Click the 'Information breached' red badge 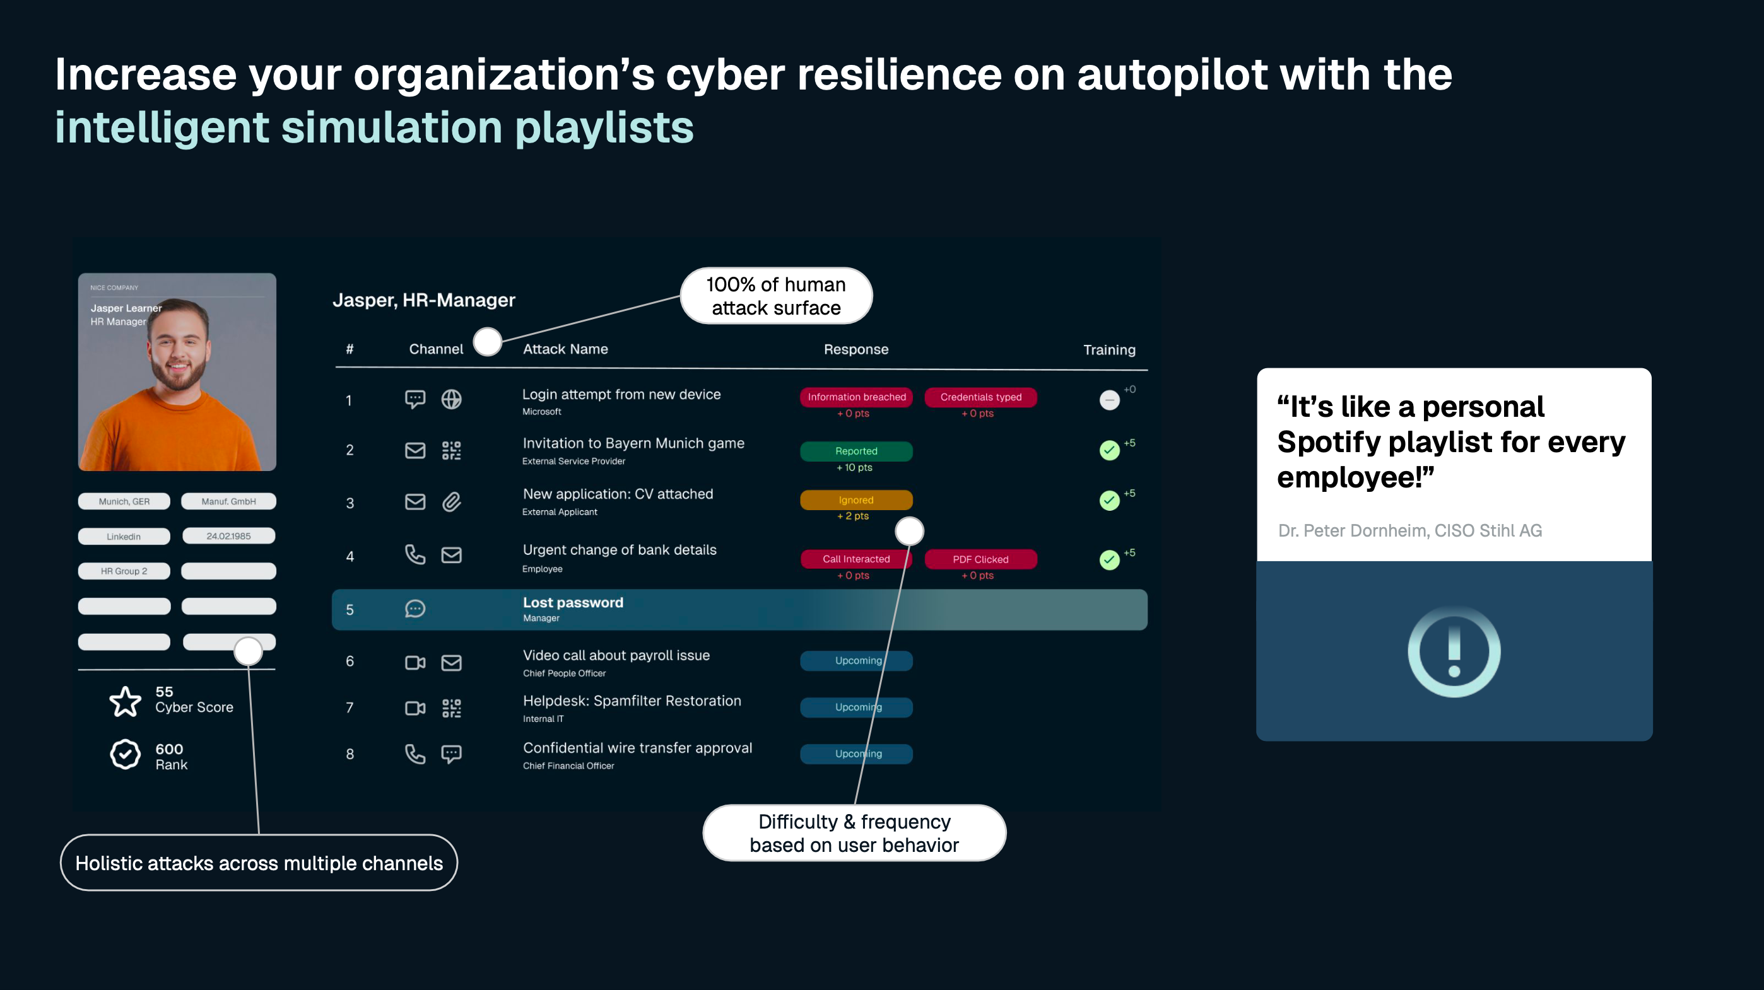[856, 397]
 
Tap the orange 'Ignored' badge [856, 501]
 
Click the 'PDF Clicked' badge [980, 559]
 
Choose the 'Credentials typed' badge [980, 397]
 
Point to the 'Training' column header [1108, 350]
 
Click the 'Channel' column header [435, 349]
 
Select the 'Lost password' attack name [572, 602]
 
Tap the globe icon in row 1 [451, 399]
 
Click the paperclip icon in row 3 [451, 503]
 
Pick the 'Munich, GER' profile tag [124, 502]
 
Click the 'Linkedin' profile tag [124, 537]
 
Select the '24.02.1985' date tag [229, 536]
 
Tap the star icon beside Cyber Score [126, 701]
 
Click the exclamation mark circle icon [1454, 651]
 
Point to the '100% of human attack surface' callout [776, 296]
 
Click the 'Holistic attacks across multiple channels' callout [259, 863]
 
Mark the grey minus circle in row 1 [1109, 400]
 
